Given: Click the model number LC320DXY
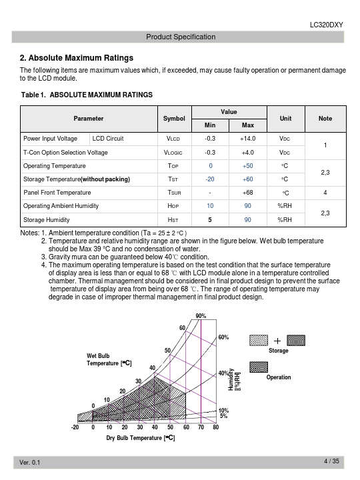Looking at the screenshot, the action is pyautogui.click(x=326, y=25).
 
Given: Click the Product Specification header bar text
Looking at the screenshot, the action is pyautogui.click(x=181, y=37).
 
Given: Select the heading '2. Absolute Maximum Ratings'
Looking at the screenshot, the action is pyautogui.click(x=77, y=58).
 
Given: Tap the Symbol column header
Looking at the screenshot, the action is pyautogui.click(x=174, y=119).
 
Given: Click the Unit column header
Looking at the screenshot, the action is pyautogui.click(x=285, y=119).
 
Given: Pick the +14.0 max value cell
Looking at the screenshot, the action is pyautogui.click(x=247, y=139).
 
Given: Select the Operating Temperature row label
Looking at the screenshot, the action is pyautogui.click(x=55, y=166).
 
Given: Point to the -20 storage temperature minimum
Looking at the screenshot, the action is pyautogui.click(x=210, y=179).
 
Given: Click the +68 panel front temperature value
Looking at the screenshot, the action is pyautogui.click(x=247, y=193).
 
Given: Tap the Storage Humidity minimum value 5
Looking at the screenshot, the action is pyautogui.click(x=210, y=220).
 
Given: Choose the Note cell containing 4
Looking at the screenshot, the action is pyautogui.click(x=325, y=193).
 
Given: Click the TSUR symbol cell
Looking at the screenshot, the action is pyautogui.click(x=174, y=193).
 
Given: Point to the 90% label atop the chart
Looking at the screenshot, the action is pyautogui.click(x=201, y=316).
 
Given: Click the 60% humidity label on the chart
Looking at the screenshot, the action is pyautogui.click(x=223, y=337).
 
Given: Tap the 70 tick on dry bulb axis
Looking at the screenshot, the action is pyautogui.click(x=201, y=427).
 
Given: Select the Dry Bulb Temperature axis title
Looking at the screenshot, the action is pyautogui.click(x=141, y=438).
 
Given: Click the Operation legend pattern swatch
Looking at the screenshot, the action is pyautogui.click(x=259, y=367).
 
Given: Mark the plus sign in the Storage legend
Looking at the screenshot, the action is pyautogui.click(x=277, y=341).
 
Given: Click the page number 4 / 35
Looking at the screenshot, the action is pyautogui.click(x=331, y=461).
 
